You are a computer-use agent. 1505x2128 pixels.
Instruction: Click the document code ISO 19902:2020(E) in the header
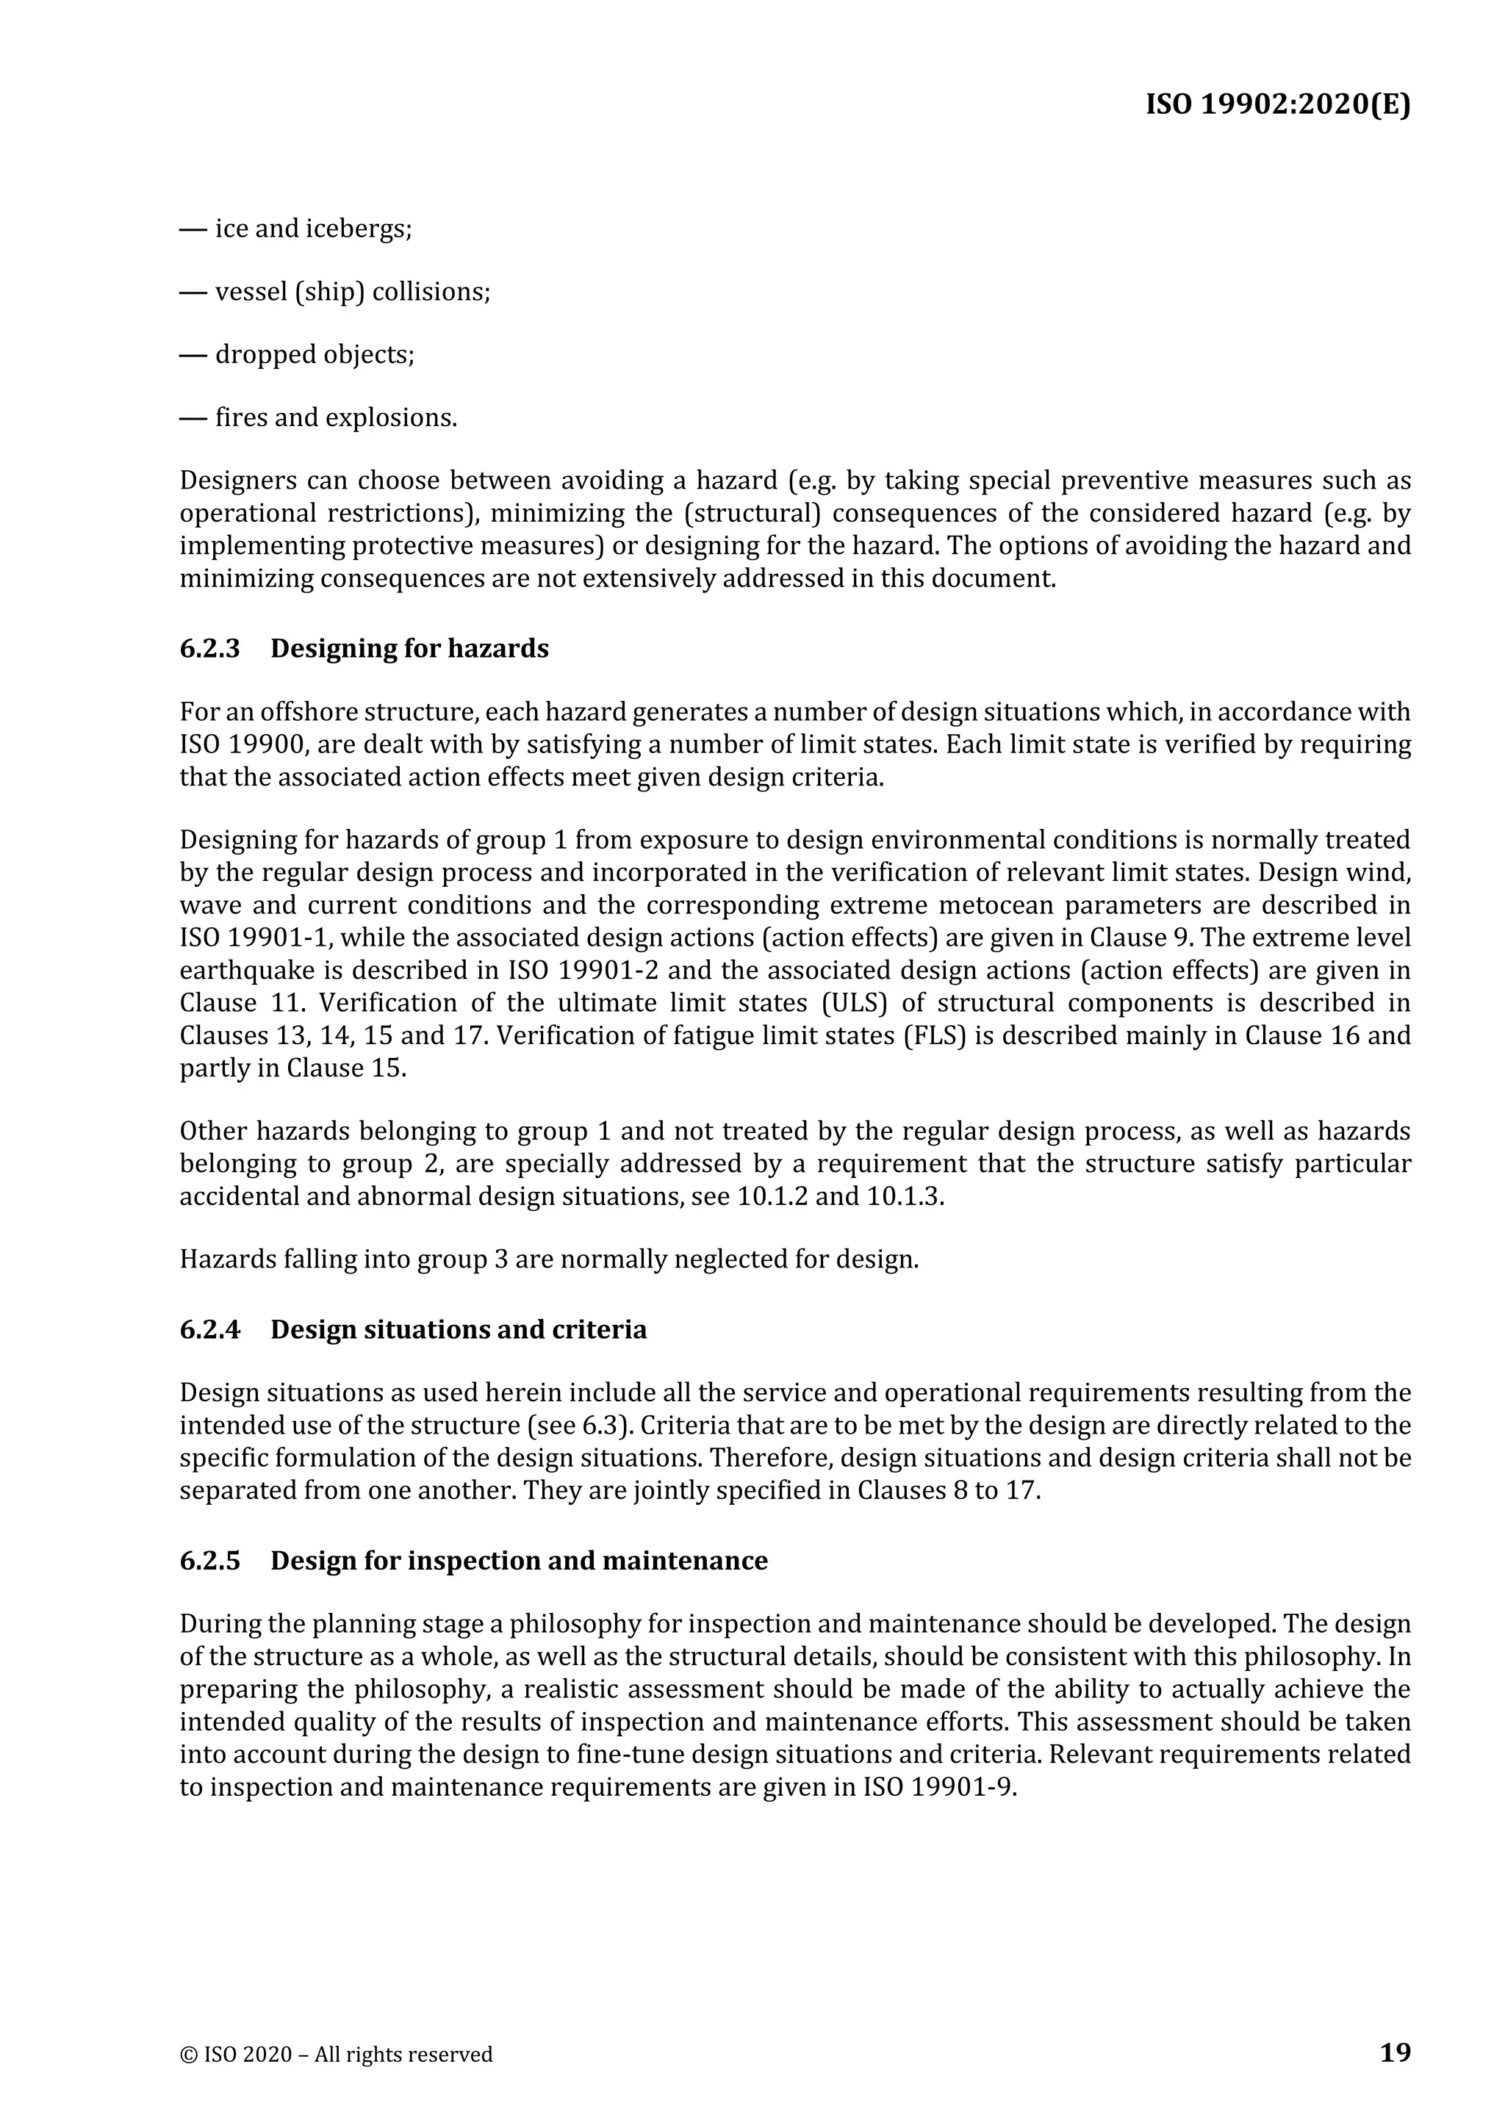[x=1278, y=105]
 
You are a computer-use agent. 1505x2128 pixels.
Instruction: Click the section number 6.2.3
[x=209, y=649]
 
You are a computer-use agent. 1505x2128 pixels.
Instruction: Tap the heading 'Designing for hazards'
[x=409, y=649]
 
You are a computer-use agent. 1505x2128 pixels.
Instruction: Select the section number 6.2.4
[x=209, y=1330]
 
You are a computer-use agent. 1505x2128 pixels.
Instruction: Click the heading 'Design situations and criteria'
[x=459, y=1330]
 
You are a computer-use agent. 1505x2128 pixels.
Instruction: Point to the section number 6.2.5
[x=209, y=1561]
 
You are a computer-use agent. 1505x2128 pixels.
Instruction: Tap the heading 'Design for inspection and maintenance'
[x=519, y=1561]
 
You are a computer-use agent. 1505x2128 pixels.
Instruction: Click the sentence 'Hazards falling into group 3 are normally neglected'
[x=549, y=1259]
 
